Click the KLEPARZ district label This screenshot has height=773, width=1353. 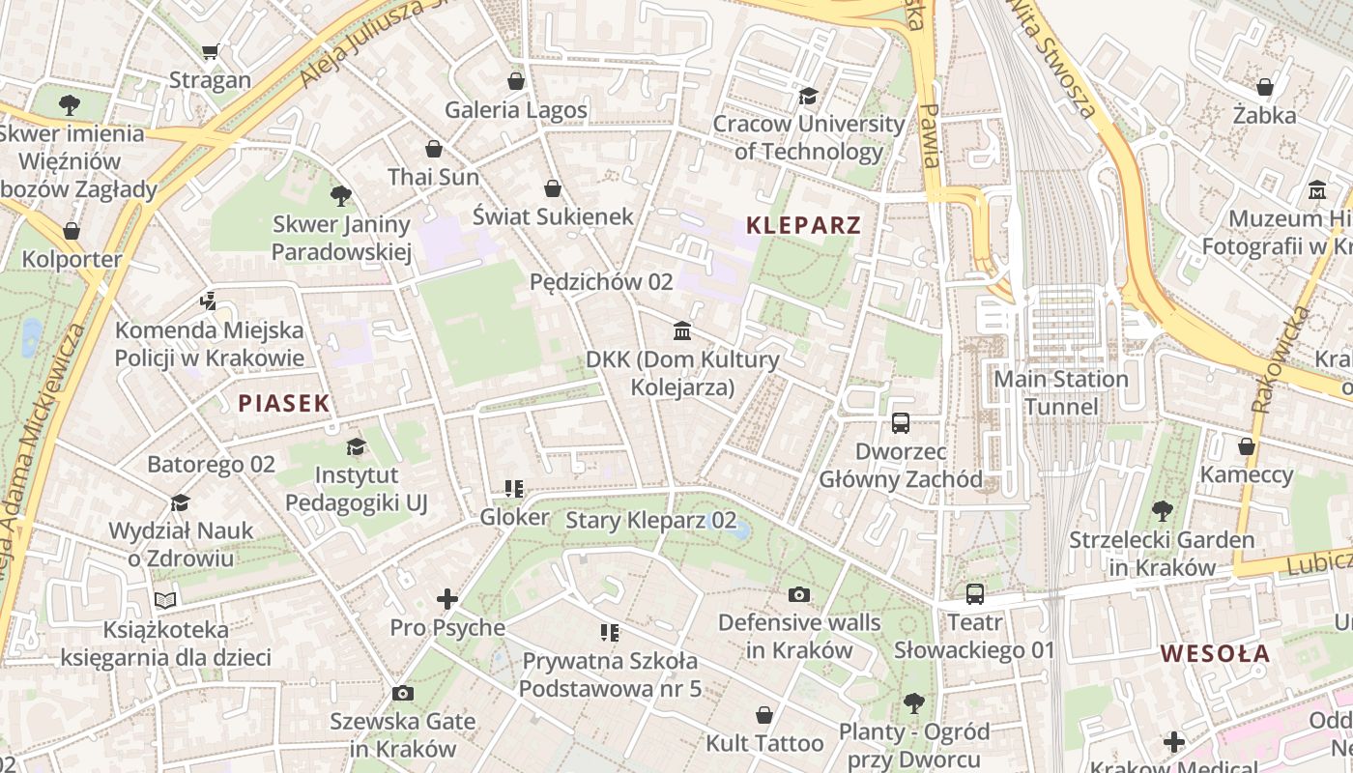tap(803, 226)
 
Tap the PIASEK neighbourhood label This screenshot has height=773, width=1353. tap(284, 404)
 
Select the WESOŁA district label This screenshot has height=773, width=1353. tap(1215, 653)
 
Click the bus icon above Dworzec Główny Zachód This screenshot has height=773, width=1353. tap(901, 422)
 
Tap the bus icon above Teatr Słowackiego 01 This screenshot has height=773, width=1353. tap(974, 593)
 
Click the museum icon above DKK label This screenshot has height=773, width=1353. tap(682, 331)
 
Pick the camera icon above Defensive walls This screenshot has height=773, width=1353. tap(798, 593)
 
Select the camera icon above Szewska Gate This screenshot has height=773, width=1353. tap(403, 693)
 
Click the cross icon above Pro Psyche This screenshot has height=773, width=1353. tap(446, 599)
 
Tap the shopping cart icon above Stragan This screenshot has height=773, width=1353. tap(211, 51)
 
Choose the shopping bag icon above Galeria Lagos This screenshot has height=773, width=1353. tap(516, 81)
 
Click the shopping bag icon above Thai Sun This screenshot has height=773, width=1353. tap(433, 149)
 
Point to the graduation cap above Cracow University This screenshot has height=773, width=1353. tap(808, 96)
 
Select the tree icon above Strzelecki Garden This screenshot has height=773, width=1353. tap(1162, 510)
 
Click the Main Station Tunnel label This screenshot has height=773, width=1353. tap(1061, 392)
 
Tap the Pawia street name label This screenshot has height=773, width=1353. tap(930, 135)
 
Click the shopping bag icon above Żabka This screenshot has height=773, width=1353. tap(1264, 88)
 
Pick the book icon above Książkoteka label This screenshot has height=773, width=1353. tap(165, 601)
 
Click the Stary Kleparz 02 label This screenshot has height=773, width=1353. tap(650, 520)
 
